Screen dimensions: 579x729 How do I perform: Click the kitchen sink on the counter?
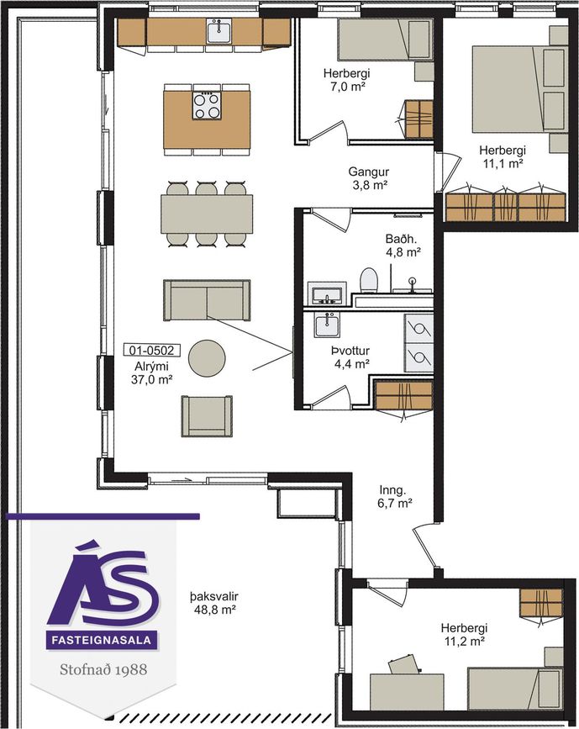coord(219,32)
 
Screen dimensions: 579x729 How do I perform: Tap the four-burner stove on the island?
coord(207,106)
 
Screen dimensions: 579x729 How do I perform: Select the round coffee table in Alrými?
coord(207,358)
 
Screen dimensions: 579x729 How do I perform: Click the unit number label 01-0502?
coord(151,350)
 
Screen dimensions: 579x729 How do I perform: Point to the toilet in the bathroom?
coord(370,280)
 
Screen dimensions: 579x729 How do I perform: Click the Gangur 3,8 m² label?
coord(369,178)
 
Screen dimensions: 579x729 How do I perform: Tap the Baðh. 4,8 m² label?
coord(403,246)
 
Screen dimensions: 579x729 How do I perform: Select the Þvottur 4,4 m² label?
coord(351,357)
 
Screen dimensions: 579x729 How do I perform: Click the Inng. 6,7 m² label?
coord(394,496)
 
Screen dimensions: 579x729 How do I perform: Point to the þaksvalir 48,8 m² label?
coord(214,603)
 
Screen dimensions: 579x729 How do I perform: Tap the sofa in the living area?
coord(207,300)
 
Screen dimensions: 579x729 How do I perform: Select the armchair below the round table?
coord(207,415)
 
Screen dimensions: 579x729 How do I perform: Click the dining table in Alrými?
coord(207,214)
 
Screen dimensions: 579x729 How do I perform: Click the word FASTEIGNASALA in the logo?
coord(102,640)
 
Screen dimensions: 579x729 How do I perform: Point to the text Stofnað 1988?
coord(103,669)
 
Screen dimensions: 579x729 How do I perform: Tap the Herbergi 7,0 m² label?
coord(347,80)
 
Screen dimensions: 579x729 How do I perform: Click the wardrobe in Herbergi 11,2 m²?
coord(541,603)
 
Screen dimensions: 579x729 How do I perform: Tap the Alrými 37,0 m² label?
coord(151,372)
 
